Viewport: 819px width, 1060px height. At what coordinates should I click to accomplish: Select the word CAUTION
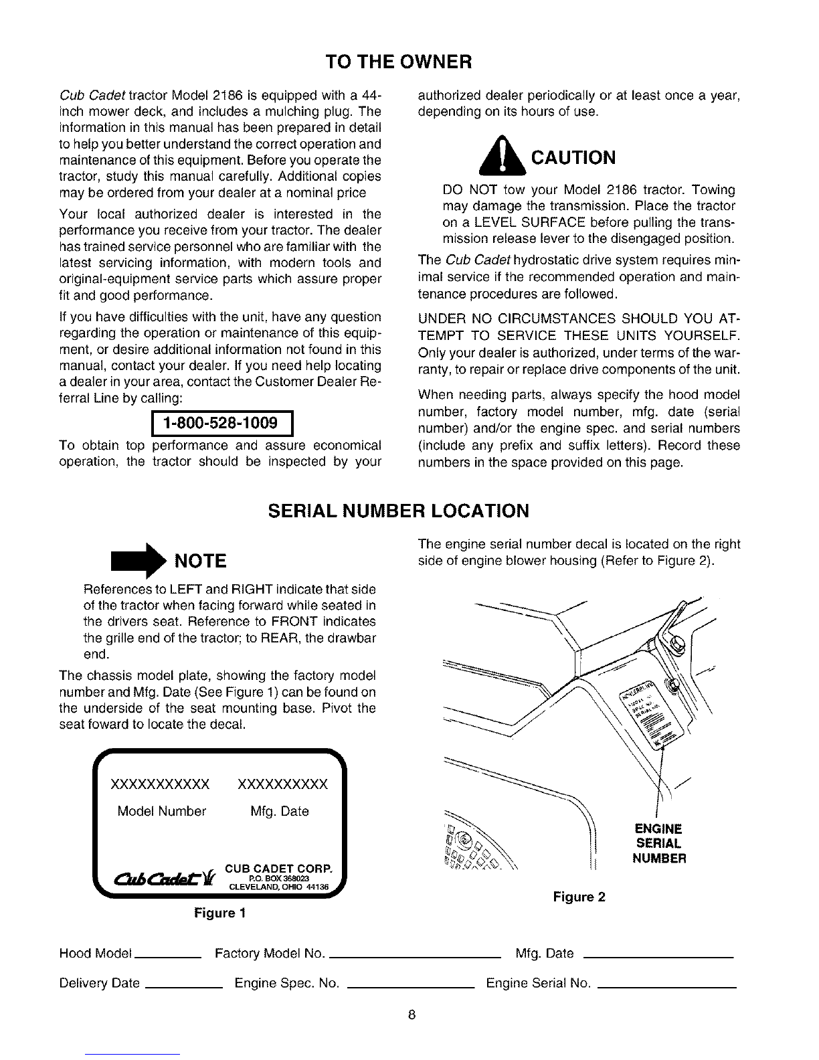click(573, 158)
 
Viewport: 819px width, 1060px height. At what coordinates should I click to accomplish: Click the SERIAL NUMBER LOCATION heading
click(398, 511)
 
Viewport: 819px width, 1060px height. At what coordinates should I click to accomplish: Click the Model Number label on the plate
click(161, 812)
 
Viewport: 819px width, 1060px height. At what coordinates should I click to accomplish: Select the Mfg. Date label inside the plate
click(280, 812)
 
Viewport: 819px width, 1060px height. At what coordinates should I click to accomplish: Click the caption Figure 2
click(579, 897)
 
